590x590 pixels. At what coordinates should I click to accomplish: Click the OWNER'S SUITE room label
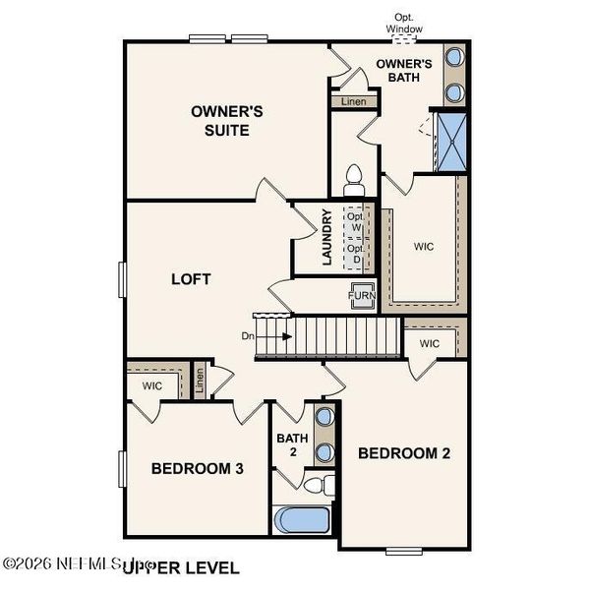click(219, 121)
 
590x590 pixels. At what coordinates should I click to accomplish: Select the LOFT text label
click(192, 279)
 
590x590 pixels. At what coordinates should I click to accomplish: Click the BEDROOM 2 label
click(403, 453)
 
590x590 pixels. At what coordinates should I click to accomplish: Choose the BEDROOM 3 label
click(197, 469)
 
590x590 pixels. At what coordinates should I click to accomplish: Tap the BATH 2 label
click(292, 444)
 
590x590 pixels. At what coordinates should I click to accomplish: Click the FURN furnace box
click(360, 294)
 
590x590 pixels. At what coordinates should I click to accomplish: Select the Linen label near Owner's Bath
click(352, 102)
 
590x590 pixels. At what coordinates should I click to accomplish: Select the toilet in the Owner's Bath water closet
click(353, 178)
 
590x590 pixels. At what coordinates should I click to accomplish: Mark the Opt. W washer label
click(355, 223)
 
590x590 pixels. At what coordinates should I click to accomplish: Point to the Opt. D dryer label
click(355, 255)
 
